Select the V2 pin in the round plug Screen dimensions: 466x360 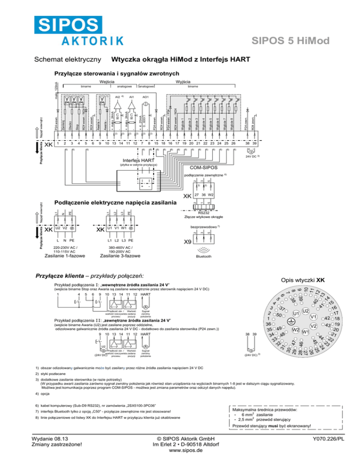[x=314, y=325]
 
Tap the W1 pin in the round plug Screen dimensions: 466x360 [x=305, y=332]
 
